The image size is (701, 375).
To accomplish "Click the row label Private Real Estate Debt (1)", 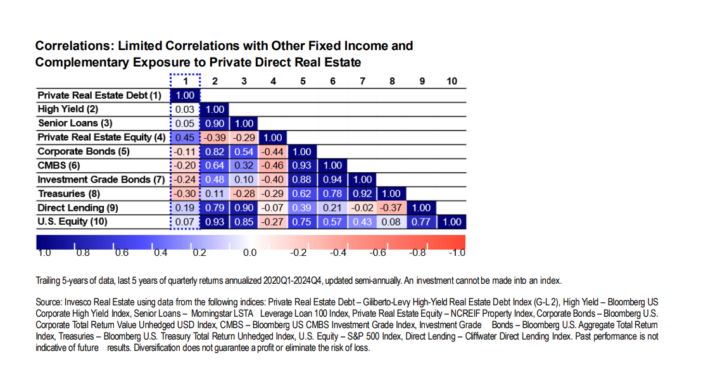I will pyautogui.click(x=99, y=96).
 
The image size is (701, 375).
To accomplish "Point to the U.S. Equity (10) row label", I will pyautogui.click(x=72, y=222).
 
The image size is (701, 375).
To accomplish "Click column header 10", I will pyautogui.click(x=451, y=81).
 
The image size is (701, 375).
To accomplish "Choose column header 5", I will pyautogui.click(x=303, y=81).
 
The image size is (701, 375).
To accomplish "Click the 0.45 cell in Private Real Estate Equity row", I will pyautogui.click(x=186, y=137).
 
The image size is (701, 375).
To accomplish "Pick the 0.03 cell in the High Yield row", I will pyautogui.click(x=186, y=110).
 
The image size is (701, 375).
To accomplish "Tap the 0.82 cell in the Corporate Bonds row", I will pyautogui.click(x=215, y=152).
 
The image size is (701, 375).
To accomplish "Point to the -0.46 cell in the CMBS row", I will pyautogui.click(x=274, y=165).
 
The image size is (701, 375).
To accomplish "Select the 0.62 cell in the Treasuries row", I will pyautogui.click(x=303, y=194).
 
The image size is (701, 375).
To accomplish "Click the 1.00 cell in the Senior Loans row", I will pyautogui.click(x=244, y=124).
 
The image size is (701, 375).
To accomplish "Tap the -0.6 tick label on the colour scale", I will pyautogui.click(x=378, y=253).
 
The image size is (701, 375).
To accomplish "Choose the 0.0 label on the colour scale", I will pyautogui.click(x=250, y=253).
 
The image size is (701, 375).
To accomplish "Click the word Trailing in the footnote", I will pyautogui.click(x=49, y=281).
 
